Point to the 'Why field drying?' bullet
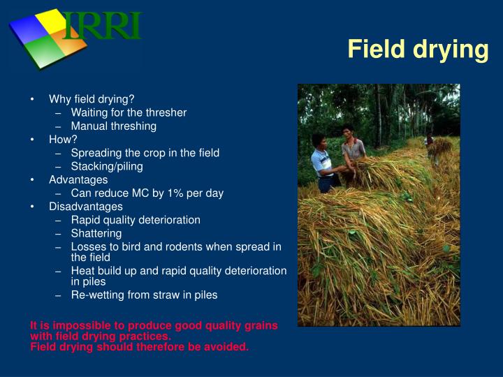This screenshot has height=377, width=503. coord(92,99)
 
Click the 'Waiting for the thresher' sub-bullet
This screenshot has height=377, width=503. coord(129,112)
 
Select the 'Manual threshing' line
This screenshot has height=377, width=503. coord(113,126)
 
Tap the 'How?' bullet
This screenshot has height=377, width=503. coord(63,139)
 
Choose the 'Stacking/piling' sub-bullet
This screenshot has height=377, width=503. coord(107,166)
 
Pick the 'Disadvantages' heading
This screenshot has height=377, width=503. coord(85,207)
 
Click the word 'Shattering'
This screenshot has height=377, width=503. coord(96,233)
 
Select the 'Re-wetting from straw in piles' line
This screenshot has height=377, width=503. coord(144,295)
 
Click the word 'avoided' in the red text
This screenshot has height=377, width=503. coord(228,346)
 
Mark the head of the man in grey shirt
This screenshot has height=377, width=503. coord(349,131)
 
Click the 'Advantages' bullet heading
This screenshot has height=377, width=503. coord(78,179)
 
